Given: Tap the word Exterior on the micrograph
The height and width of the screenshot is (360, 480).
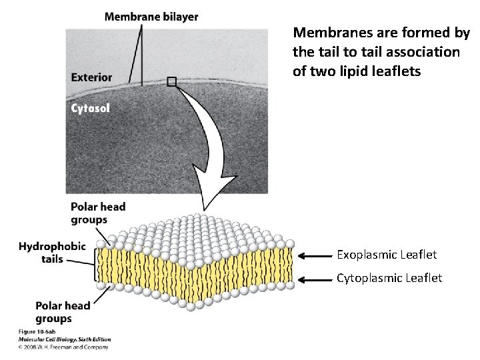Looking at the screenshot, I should pos(91,77).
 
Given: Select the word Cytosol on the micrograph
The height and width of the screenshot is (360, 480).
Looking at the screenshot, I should pos(91,107).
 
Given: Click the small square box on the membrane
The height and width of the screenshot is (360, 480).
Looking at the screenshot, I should pos(172,81).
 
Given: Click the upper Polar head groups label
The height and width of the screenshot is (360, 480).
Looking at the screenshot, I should pos(97,213).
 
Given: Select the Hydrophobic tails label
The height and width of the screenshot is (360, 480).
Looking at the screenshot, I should pos(52,252).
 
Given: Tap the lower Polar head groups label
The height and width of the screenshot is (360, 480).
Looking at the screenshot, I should pos(63,312).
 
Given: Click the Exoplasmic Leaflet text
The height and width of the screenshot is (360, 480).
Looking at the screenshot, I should pos(387,255).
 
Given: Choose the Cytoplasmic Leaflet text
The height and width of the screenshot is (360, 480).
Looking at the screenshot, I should pos(389,278).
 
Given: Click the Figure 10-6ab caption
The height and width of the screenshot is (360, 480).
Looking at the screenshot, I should pos(37,331).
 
